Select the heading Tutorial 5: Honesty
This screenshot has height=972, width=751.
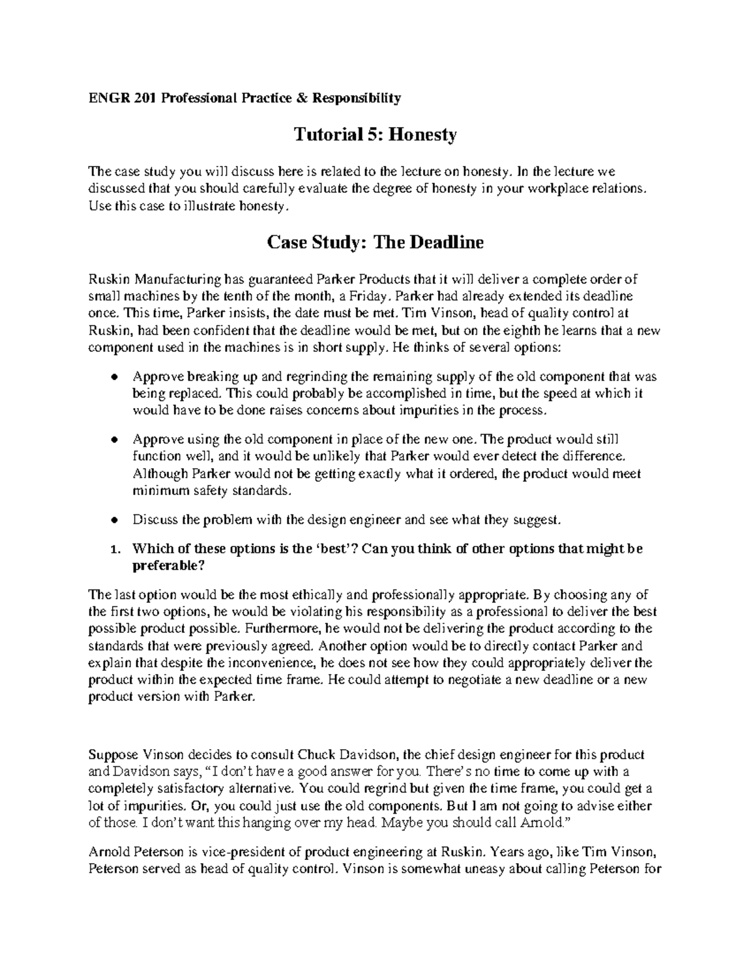(x=375, y=134)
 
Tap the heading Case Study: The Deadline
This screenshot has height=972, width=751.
(x=375, y=242)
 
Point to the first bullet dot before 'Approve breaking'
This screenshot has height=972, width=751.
(x=113, y=377)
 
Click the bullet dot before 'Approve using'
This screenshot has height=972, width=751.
(x=113, y=441)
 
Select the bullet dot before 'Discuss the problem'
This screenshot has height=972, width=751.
(x=113, y=520)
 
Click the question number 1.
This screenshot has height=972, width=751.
(x=114, y=550)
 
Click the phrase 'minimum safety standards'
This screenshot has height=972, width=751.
(x=212, y=491)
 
